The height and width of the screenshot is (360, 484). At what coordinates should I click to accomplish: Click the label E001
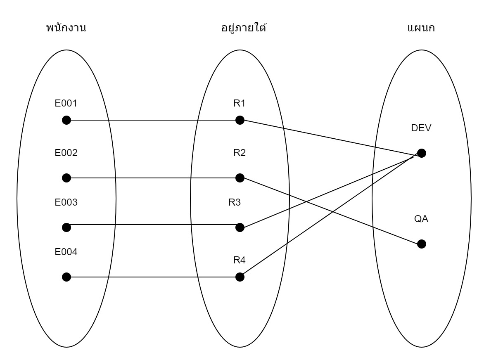click(x=66, y=104)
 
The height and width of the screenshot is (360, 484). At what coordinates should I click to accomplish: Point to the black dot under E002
click(x=66, y=178)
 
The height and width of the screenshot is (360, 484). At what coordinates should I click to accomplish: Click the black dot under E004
click(x=66, y=277)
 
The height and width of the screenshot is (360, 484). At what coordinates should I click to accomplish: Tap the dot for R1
click(x=240, y=120)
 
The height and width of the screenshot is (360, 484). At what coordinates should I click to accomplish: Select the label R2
click(x=240, y=153)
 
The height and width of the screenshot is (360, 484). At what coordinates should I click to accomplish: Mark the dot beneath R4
click(x=240, y=277)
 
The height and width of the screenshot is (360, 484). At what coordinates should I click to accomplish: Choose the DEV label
click(x=421, y=128)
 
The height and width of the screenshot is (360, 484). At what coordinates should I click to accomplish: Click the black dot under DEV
click(x=421, y=153)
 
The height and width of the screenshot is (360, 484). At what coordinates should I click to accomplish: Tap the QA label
click(x=421, y=219)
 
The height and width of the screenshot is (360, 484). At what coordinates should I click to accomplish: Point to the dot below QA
click(x=421, y=244)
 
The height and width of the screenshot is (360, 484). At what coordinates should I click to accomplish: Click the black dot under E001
click(x=66, y=120)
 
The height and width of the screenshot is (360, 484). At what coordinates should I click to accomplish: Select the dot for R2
click(x=240, y=178)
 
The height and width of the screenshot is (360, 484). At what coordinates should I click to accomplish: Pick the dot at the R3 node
click(x=240, y=227)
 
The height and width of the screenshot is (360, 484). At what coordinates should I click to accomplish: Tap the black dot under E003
click(x=66, y=227)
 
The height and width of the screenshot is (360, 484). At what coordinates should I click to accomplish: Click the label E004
click(x=66, y=252)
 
